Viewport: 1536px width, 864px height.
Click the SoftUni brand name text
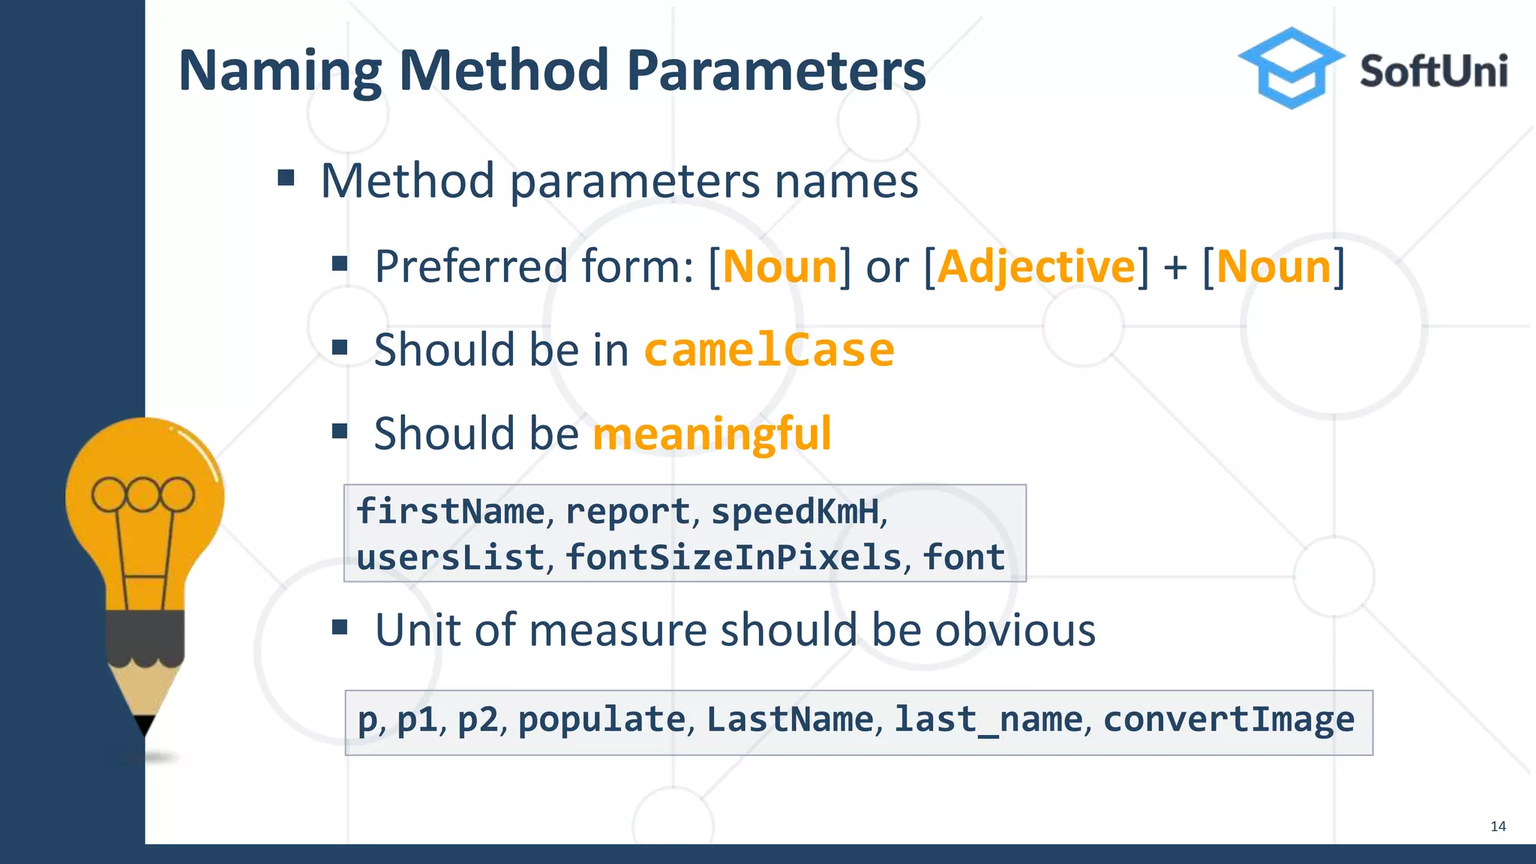pos(1433,72)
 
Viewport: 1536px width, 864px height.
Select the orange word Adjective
pos(1036,267)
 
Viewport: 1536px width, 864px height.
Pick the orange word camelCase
pos(769,350)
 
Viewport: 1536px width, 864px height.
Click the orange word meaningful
pos(712,433)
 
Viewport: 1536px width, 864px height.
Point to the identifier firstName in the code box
pos(450,511)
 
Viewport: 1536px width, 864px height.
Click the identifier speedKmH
pos(795,511)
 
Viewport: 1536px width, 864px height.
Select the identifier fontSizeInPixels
pos(733,557)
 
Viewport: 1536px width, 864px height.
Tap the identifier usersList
pos(450,557)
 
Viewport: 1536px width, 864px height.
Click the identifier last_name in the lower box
pos(988,719)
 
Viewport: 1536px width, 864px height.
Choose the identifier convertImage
pos(1228,719)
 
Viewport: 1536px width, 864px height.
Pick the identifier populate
pos(601,719)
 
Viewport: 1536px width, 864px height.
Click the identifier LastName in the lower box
pos(790,719)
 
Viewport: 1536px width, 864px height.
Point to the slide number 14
pos(1498,826)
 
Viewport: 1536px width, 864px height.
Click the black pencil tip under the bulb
pos(144,724)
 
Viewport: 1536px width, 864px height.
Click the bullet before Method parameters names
pos(286,178)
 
